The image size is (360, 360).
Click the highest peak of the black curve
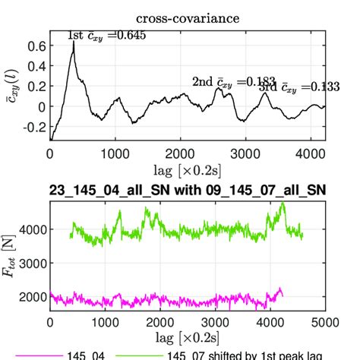[74, 43]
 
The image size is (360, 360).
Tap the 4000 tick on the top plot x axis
[311, 152]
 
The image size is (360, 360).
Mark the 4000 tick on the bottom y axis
[30, 229]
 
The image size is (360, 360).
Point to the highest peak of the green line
[283, 204]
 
